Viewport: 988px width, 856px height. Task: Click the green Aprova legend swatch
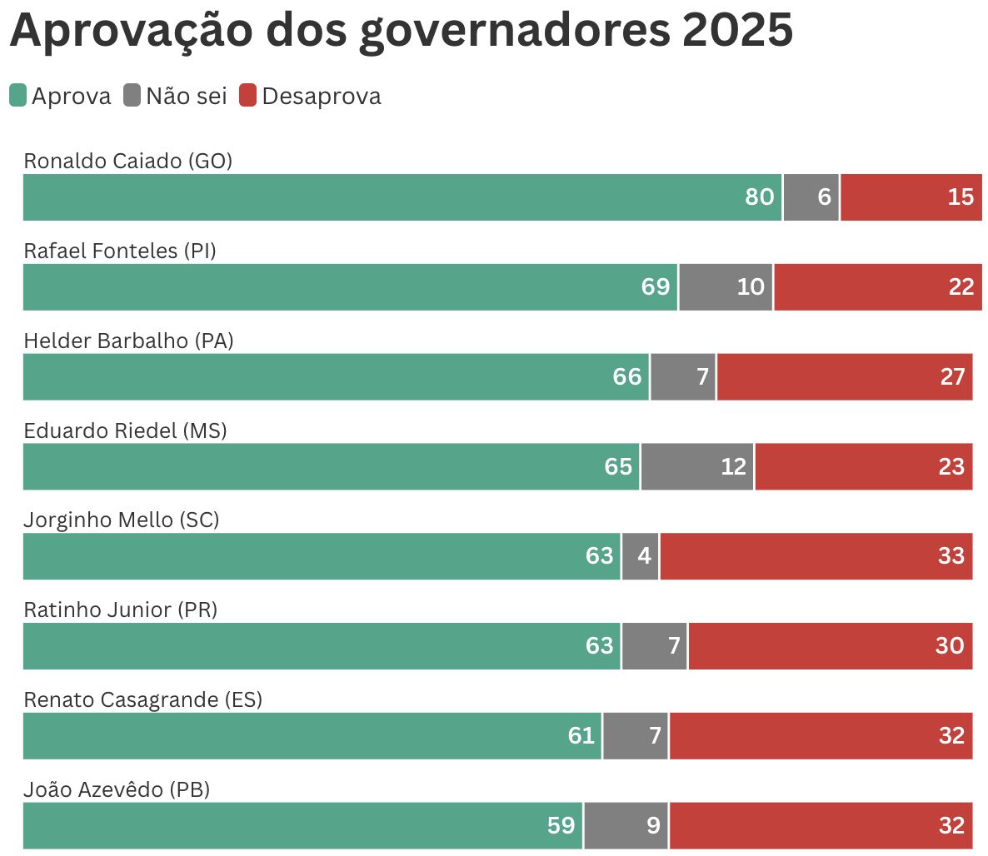click(x=17, y=96)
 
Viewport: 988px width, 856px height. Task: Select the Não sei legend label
click(x=187, y=97)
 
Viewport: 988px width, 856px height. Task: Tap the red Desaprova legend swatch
click(x=247, y=96)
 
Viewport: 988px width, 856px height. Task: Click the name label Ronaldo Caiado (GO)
click(x=127, y=161)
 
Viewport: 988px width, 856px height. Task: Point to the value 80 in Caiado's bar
click(x=759, y=197)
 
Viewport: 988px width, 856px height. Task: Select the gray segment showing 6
click(x=811, y=197)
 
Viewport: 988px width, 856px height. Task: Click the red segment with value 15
click(x=911, y=197)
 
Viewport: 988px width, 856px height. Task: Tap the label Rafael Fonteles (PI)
click(x=120, y=251)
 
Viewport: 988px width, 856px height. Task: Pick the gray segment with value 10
click(x=726, y=287)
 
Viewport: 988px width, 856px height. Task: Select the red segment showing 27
click(x=844, y=377)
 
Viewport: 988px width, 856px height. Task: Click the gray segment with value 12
click(x=697, y=466)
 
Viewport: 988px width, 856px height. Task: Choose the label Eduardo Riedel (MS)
click(x=125, y=430)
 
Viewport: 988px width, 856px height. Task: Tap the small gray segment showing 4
click(x=640, y=556)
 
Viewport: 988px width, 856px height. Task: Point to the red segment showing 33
click(x=816, y=556)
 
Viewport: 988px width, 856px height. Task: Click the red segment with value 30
click(x=830, y=646)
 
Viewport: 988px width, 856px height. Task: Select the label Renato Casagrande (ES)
click(x=142, y=699)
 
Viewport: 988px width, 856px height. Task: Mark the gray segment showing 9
click(x=626, y=825)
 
